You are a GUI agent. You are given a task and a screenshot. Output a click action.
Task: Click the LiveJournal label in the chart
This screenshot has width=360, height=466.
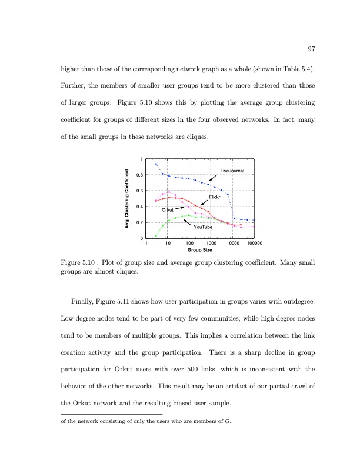coord(232,171)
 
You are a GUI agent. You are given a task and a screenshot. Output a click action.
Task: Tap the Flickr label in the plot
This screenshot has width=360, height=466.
coord(214,197)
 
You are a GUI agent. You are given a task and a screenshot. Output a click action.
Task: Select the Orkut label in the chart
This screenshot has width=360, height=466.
coord(168,210)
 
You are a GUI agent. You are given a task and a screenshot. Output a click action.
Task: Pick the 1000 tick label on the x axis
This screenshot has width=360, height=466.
coord(211,243)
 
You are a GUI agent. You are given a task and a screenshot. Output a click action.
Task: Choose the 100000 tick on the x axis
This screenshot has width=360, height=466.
coord(255,243)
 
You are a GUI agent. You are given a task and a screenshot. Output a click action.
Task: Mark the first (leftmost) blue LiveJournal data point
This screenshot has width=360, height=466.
coord(156,164)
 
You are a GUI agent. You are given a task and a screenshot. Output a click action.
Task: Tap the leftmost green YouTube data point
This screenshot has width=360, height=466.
coord(156,236)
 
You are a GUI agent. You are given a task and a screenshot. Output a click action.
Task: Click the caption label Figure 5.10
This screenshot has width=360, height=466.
coord(79,263)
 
